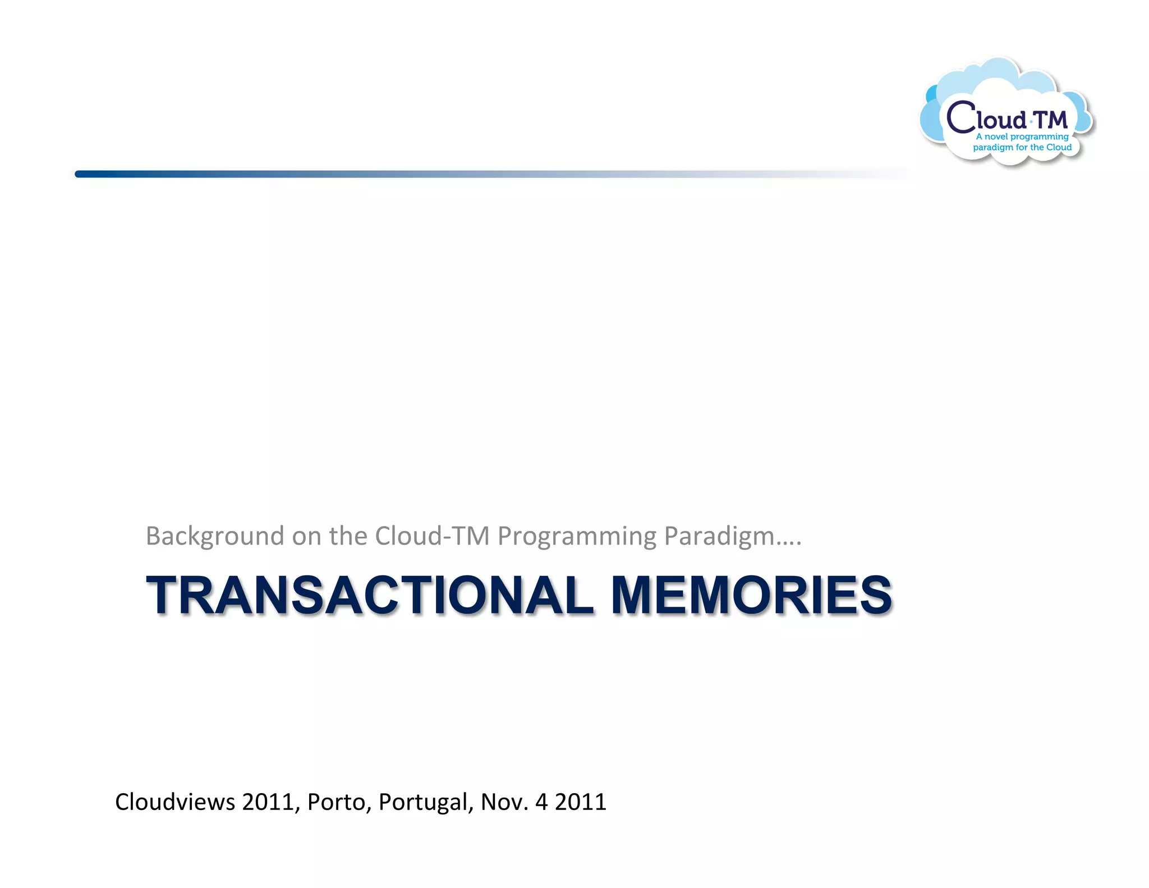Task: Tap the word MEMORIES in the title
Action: (x=751, y=596)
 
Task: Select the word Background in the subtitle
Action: (x=215, y=536)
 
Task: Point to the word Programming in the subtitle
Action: (x=577, y=536)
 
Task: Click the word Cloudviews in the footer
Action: (x=175, y=802)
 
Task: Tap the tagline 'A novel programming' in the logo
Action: (x=1022, y=136)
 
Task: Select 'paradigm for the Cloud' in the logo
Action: (x=1022, y=148)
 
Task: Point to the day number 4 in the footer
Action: (x=541, y=802)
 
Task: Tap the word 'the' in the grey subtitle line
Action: (x=347, y=536)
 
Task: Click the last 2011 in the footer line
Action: (x=581, y=802)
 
